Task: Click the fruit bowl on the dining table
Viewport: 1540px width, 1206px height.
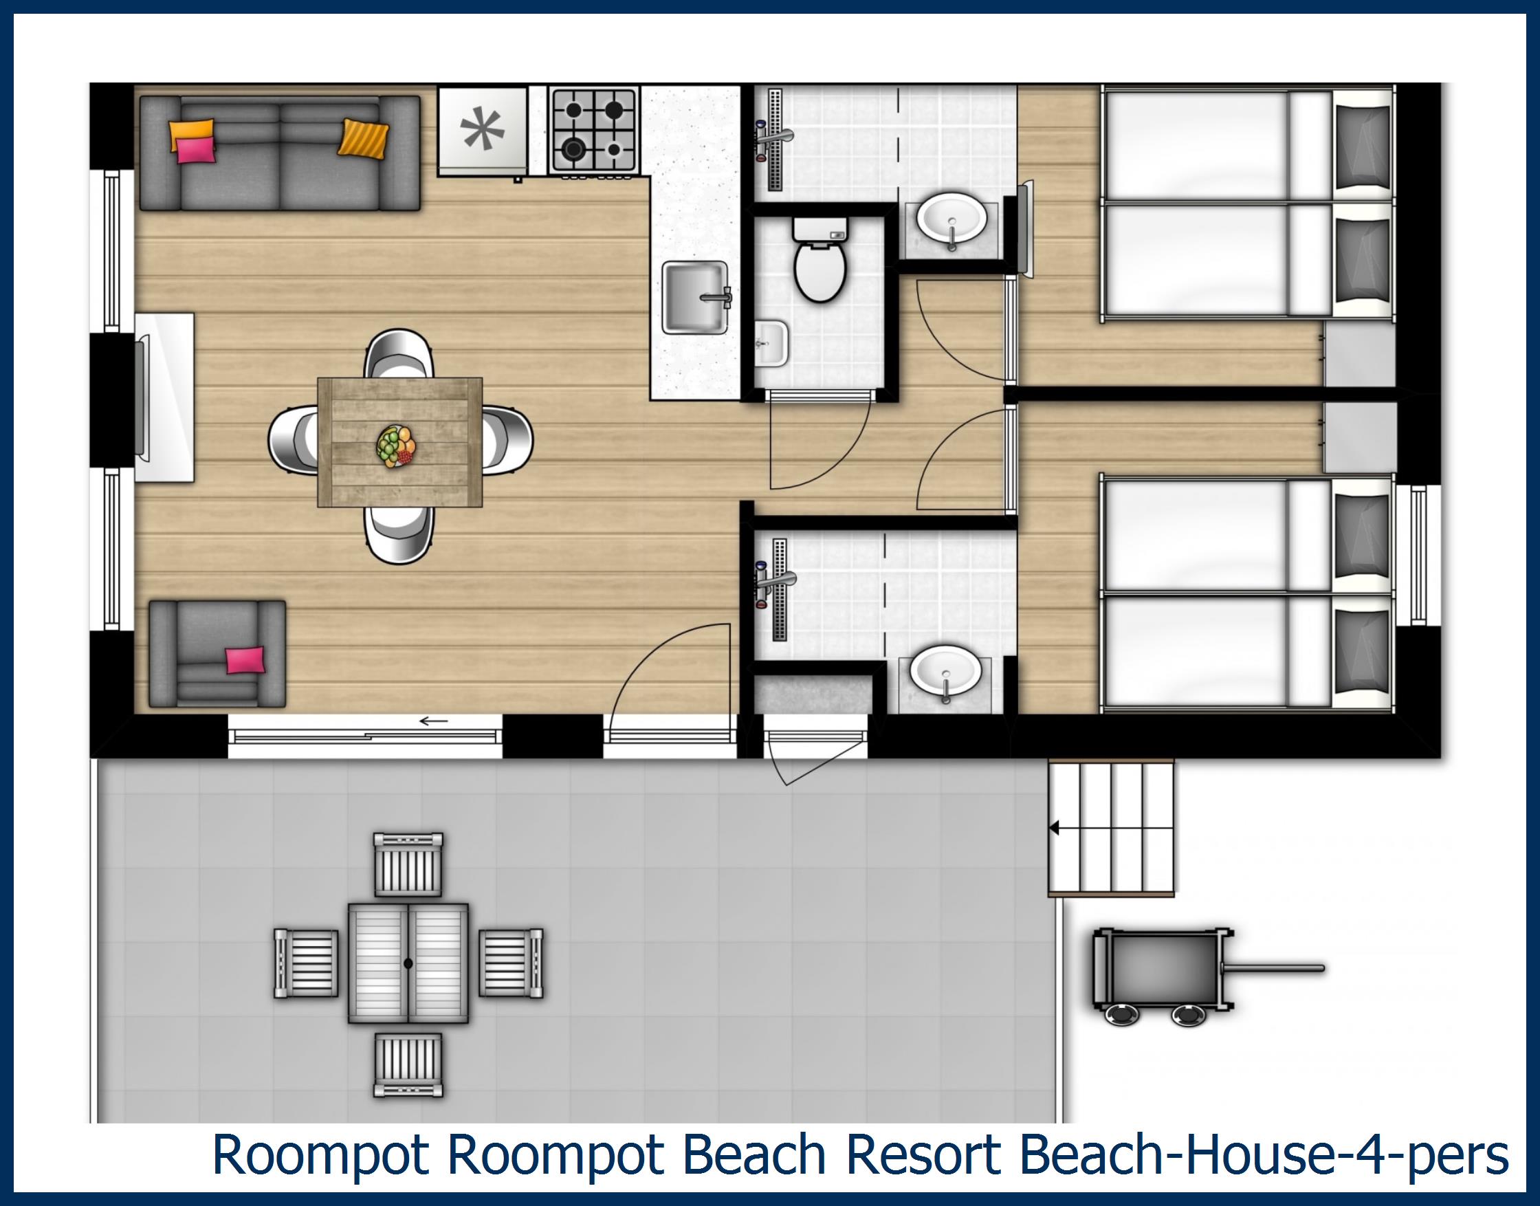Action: pos(397,445)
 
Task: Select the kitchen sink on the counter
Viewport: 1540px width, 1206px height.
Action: pos(696,296)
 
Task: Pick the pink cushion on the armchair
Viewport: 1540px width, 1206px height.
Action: pos(245,660)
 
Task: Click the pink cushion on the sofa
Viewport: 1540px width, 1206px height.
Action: pos(194,151)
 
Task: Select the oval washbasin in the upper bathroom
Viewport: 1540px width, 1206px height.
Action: pos(951,221)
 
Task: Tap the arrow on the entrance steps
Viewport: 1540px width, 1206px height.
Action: pos(1055,828)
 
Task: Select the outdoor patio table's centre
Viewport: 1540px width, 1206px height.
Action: pos(408,963)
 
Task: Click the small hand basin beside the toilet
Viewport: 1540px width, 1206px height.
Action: pos(771,344)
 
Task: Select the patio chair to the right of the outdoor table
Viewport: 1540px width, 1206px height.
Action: pos(511,963)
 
